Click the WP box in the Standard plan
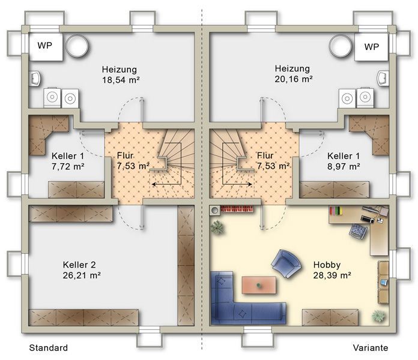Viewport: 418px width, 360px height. (x=46, y=47)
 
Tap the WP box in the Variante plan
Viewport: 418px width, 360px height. (x=371, y=47)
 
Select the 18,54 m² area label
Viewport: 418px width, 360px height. (x=121, y=80)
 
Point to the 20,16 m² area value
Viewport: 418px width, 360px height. (x=294, y=79)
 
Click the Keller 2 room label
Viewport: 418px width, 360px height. (x=79, y=265)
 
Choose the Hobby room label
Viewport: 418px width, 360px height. (x=327, y=265)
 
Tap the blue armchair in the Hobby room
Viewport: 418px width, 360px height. (x=286, y=263)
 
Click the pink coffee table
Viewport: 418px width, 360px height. (x=259, y=285)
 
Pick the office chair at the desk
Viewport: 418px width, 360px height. (x=359, y=232)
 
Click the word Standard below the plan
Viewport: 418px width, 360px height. (x=48, y=348)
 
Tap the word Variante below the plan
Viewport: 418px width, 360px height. (x=371, y=348)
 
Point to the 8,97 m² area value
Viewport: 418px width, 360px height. (x=344, y=167)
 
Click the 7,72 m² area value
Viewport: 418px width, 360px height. (x=68, y=167)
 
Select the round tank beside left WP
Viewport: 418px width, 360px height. (x=77, y=46)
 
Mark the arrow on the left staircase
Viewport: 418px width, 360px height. (x=166, y=184)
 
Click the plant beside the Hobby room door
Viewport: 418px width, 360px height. (x=217, y=227)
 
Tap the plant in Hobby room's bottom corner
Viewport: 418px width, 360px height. (x=379, y=316)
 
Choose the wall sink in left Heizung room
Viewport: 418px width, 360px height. (x=35, y=79)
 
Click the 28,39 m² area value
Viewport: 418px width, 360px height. (x=332, y=275)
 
